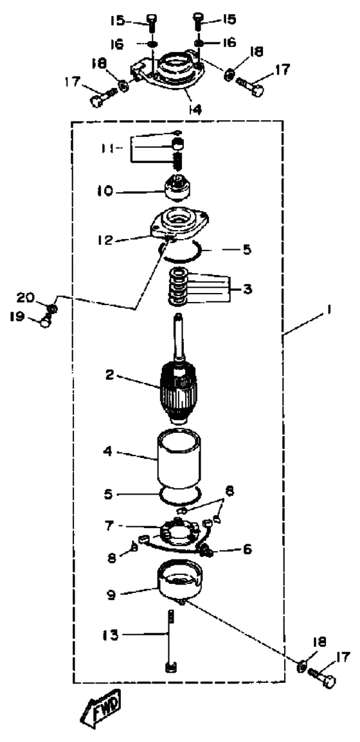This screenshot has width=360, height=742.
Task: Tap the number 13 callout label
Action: click(111, 633)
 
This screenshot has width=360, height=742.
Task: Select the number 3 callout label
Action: click(246, 288)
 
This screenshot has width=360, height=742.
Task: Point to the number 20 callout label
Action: click(24, 297)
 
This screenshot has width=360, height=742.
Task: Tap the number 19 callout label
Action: click(17, 316)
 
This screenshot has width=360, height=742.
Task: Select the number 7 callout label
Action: click(108, 526)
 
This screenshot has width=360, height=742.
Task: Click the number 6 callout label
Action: click(247, 549)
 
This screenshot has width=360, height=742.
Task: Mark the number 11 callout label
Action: click(109, 148)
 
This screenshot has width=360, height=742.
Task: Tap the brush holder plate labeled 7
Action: click(177, 537)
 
